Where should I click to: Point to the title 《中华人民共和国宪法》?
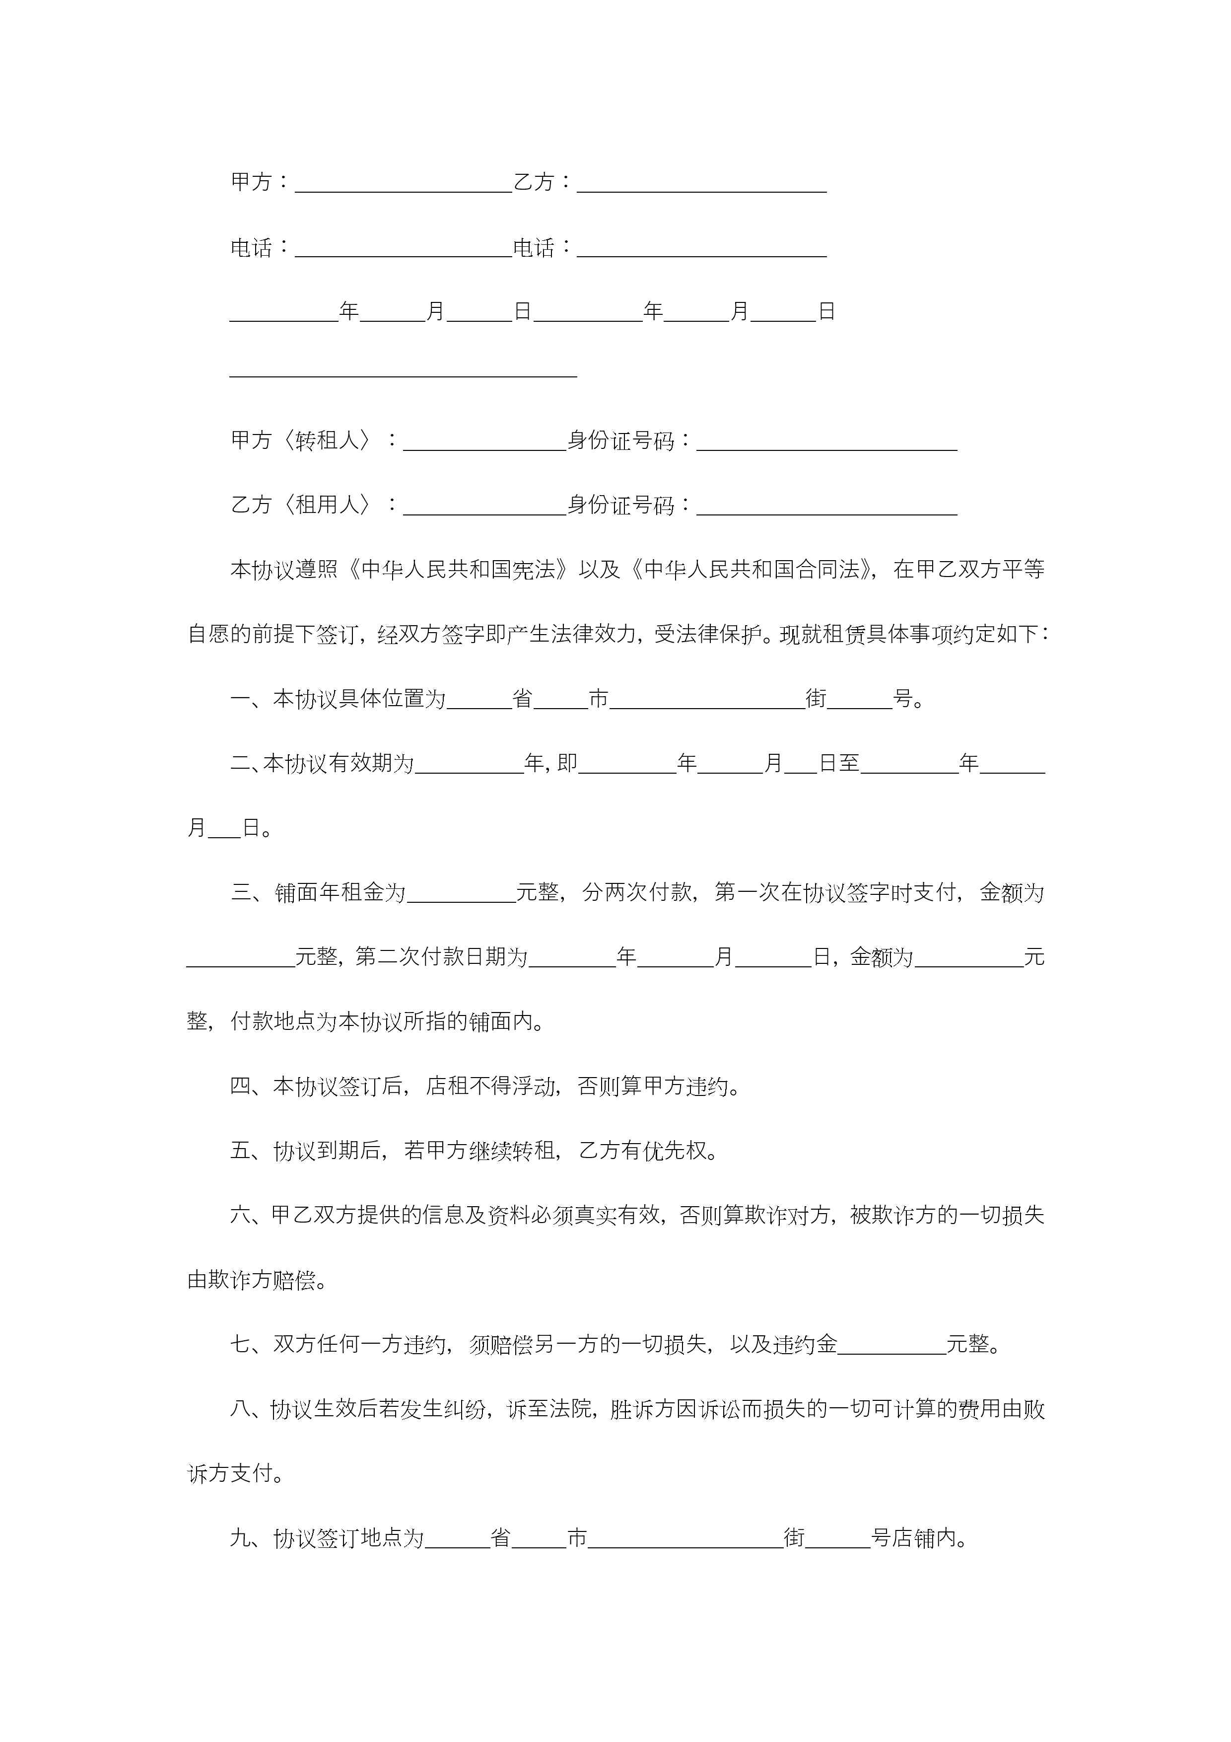[x=458, y=570]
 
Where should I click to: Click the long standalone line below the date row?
[x=404, y=375]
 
